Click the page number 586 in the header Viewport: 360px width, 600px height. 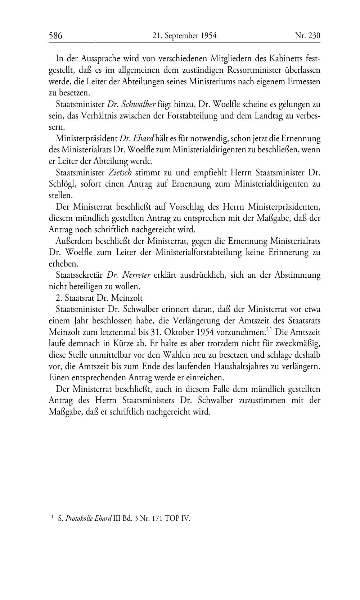[x=56, y=36]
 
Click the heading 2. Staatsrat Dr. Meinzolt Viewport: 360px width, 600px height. [x=99, y=298]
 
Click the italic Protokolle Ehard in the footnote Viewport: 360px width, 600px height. [x=89, y=519]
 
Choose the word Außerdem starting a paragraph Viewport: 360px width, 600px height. [x=73, y=241]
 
